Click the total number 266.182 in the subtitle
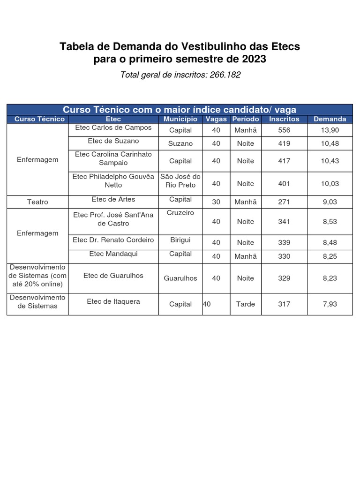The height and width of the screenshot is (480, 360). click(x=224, y=75)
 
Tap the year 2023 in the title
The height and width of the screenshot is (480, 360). click(x=254, y=60)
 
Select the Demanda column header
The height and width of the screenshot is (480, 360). click(x=330, y=119)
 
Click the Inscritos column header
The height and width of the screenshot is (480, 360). click(x=284, y=119)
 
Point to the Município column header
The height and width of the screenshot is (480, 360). click(x=180, y=119)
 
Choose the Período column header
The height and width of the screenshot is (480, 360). click(x=246, y=119)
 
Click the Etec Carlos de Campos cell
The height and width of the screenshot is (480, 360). click(x=115, y=127)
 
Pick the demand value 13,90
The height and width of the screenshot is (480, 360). click(x=330, y=130)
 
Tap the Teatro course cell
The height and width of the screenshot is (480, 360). click(x=37, y=202)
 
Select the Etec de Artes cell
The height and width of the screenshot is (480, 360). click(x=113, y=199)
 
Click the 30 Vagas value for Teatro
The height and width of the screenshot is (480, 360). click(x=216, y=202)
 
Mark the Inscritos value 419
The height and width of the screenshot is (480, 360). click(x=284, y=143)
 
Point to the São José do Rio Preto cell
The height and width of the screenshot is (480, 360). click(x=180, y=180)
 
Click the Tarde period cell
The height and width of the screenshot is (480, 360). click(x=246, y=304)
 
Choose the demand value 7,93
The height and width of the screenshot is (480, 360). click(x=330, y=304)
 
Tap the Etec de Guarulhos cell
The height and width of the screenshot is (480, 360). click(x=113, y=275)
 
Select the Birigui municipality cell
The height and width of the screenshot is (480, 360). click(x=180, y=240)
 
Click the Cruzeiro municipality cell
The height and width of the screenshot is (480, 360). click(x=180, y=213)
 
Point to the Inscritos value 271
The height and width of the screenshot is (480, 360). click(x=284, y=202)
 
